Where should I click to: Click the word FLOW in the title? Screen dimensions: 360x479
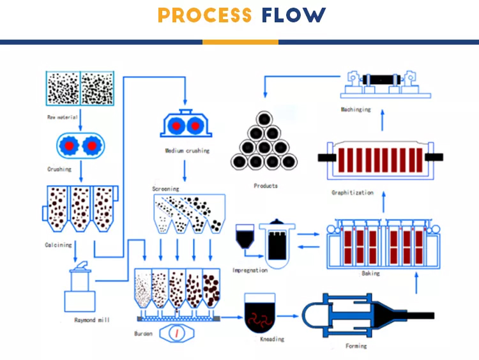pyautogui.click(x=293, y=15)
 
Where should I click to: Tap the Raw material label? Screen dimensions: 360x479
pyautogui.click(x=63, y=117)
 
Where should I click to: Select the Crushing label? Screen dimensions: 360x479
pyautogui.click(x=59, y=169)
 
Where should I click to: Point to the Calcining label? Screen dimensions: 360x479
pyautogui.click(x=58, y=245)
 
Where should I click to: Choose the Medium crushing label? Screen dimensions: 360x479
pyautogui.click(x=187, y=151)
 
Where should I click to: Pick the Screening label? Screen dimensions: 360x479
pyautogui.click(x=165, y=189)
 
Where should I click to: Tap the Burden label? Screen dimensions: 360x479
pyautogui.click(x=143, y=334)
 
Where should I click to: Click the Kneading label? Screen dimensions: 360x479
pyautogui.click(x=271, y=340)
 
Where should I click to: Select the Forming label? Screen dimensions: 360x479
pyautogui.click(x=356, y=346)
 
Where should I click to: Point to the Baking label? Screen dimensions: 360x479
pyautogui.click(x=370, y=273)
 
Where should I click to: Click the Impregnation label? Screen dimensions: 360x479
pyautogui.click(x=250, y=270)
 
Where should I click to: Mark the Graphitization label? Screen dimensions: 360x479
pyautogui.click(x=352, y=193)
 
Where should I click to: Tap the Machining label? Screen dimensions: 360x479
pyautogui.click(x=355, y=109)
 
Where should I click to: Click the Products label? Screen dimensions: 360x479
pyautogui.click(x=265, y=186)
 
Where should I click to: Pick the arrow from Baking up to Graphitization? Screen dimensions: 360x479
pyautogui.click(x=383, y=203)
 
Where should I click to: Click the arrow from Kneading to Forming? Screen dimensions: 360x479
pyautogui.click(x=292, y=315)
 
